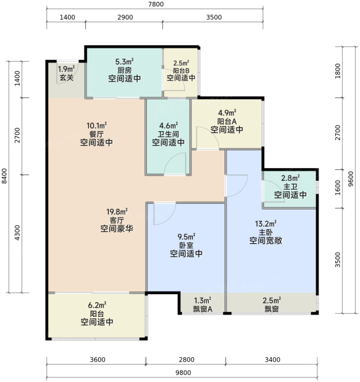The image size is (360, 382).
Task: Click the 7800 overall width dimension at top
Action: [x=156, y=4]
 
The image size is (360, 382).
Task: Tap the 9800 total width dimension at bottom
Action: [x=183, y=372]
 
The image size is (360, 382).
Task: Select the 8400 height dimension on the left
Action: [x=4, y=176]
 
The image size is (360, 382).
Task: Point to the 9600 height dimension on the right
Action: [x=350, y=179]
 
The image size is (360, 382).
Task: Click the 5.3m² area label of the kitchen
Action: [x=125, y=62]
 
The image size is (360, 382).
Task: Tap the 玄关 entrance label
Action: [x=66, y=78]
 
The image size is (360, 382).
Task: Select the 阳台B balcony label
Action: [x=181, y=71]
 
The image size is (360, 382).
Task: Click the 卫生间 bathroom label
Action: [x=169, y=134]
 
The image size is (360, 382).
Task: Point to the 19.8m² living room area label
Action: [x=117, y=212]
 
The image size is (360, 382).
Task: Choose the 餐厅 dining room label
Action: [x=97, y=134]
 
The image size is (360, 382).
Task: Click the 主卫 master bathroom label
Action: [x=291, y=187]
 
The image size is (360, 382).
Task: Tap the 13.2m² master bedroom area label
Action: [x=266, y=223]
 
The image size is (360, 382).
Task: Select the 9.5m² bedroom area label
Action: [x=186, y=237]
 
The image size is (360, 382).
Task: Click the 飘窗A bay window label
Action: [x=202, y=309]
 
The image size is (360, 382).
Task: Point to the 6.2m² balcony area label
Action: [x=97, y=305]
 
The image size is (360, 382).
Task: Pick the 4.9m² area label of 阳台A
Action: [x=227, y=113]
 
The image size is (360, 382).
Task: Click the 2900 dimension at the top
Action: [x=125, y=17]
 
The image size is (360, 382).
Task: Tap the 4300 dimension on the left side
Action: [x=17, y=232]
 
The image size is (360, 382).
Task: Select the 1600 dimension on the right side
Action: [x=338, y=188]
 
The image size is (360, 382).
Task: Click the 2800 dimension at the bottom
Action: [x=186, y=360]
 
